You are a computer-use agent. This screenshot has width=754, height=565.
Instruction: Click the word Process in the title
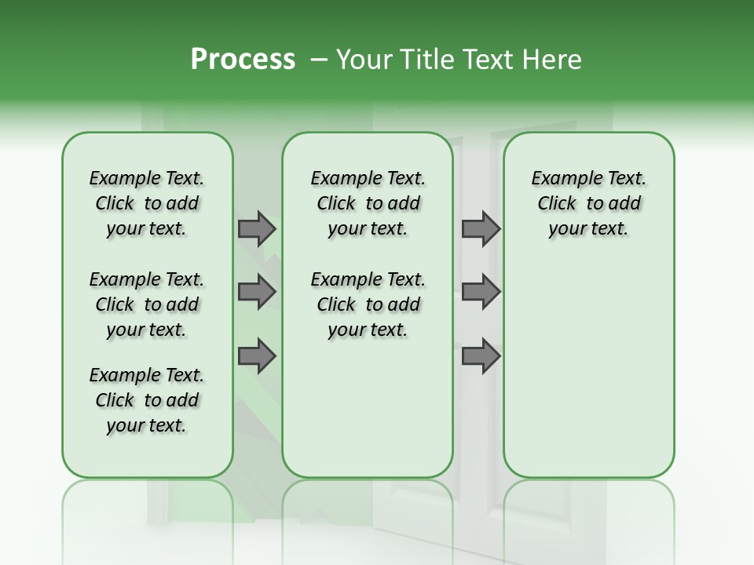pos(243,60)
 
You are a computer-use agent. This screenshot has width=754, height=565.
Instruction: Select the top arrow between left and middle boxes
pos(257,228)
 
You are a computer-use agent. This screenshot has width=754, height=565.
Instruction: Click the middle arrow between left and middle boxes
pos(257,292)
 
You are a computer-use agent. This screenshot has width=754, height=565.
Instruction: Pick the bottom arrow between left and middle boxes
pos(257,356)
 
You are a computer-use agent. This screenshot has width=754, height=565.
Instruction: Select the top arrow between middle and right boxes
pos(481,228)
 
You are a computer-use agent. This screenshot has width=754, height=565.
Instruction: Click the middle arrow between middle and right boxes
pos(481,292)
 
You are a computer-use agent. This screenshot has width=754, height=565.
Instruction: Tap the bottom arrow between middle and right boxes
pos(481,356)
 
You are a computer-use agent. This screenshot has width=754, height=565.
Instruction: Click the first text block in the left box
pos(147,203)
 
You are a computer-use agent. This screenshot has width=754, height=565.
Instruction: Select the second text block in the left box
pos(147,304)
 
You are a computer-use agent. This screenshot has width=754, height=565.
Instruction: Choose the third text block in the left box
pos(147,400)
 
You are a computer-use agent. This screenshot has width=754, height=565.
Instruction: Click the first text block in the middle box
pos(368,203)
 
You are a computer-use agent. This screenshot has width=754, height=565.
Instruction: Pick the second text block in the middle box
pos(368,304)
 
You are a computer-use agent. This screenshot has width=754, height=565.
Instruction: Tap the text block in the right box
pos(588,203)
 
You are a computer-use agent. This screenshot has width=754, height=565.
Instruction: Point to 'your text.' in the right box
pos(588,229)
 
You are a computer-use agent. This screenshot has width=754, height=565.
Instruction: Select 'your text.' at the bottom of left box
pos(147,425)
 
